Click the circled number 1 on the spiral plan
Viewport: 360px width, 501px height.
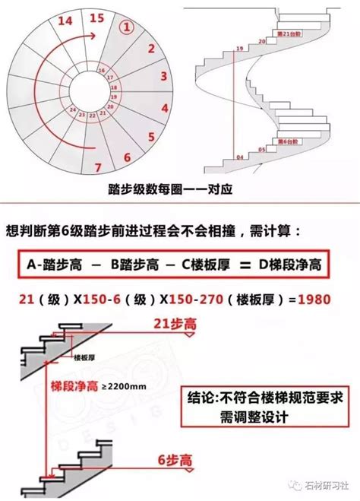click(x=130, y=27)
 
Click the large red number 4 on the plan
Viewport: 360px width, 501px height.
click(x=163, y=76)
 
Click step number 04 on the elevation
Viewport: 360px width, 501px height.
click(x=239, y=157)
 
